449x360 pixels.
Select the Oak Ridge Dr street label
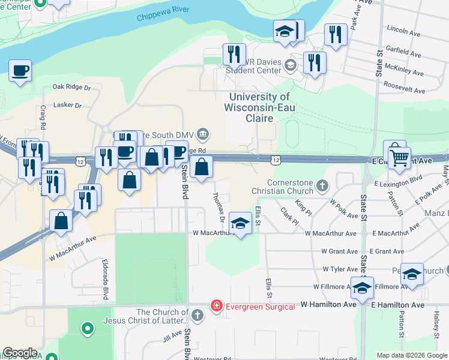tap(71, 87)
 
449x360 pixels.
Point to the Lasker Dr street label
tap(67, 105)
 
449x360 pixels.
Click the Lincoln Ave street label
tap(402, 29)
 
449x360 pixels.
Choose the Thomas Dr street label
tap(218, 204)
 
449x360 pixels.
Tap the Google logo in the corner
tap(20, 353)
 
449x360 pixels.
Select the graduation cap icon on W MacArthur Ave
tap(240, 224)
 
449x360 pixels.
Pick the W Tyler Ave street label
tap(339, 269)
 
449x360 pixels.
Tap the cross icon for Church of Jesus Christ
tap(199, 314)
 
